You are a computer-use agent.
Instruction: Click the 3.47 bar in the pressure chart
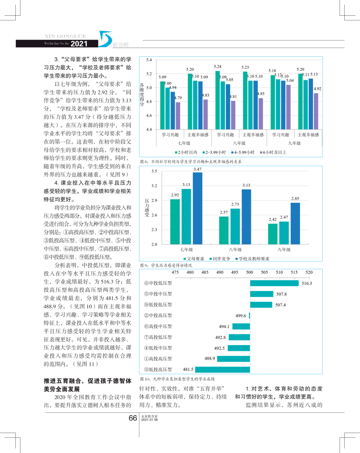tap(197, 208)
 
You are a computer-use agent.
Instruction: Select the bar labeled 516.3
tap(274, 283)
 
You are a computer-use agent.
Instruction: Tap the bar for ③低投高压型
tap(223, 369)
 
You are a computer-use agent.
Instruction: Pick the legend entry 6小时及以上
tap(274, 153)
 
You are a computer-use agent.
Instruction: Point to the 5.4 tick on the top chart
tap(149, 60)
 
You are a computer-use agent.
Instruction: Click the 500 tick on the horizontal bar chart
tap(249, 272)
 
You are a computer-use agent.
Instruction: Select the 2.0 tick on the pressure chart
tap(154, 244)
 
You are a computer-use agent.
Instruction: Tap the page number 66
tap(133, 418)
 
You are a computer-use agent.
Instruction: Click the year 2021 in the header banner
tap(79, 44)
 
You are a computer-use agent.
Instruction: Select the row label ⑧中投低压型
tap(158, 283)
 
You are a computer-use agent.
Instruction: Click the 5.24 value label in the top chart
tap(218, 67)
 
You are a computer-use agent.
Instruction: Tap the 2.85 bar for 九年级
tap(295, 223)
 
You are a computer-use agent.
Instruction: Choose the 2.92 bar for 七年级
tap(175, 222)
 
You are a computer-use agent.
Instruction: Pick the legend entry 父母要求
tap(195, 259)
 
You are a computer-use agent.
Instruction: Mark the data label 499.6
tap(241, 316)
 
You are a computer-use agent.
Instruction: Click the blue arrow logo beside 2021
tap(105, 39)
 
